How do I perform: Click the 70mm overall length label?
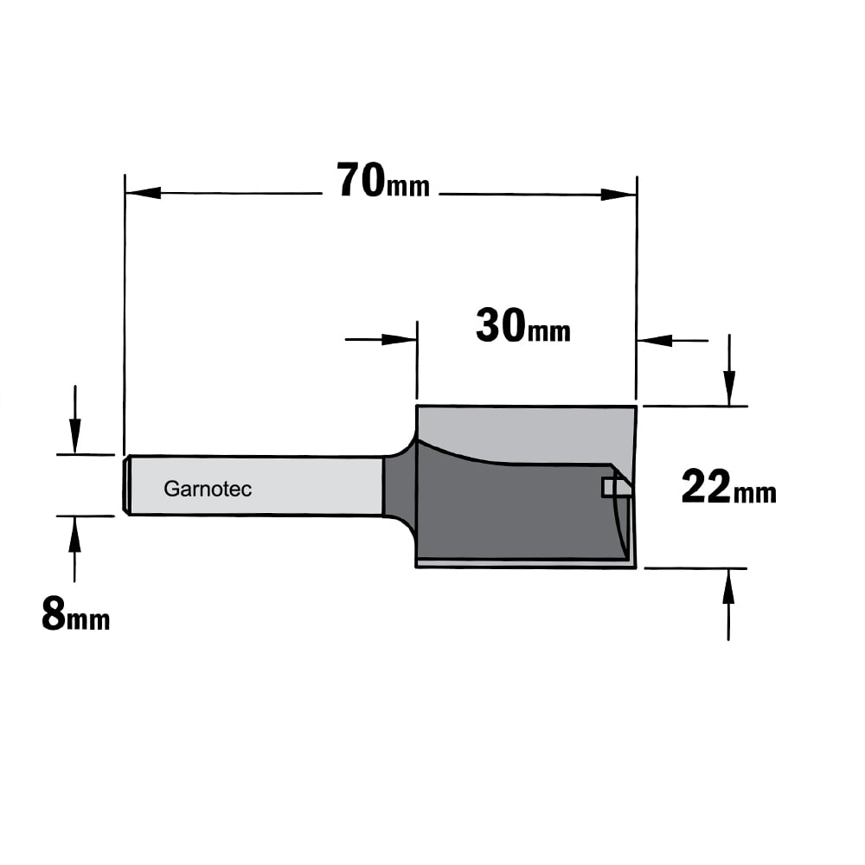point(383,180)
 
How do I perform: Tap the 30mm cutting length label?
point(523,326)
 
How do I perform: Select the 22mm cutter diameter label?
point(728,486)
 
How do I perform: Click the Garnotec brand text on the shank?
point(208,489)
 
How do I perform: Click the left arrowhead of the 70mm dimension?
point(143,193)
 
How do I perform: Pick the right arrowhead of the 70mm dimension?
point(618,195)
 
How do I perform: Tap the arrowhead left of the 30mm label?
point(399,339)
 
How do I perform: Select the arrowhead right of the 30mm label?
point(655,340)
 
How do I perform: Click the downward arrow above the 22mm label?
point(729,370)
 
